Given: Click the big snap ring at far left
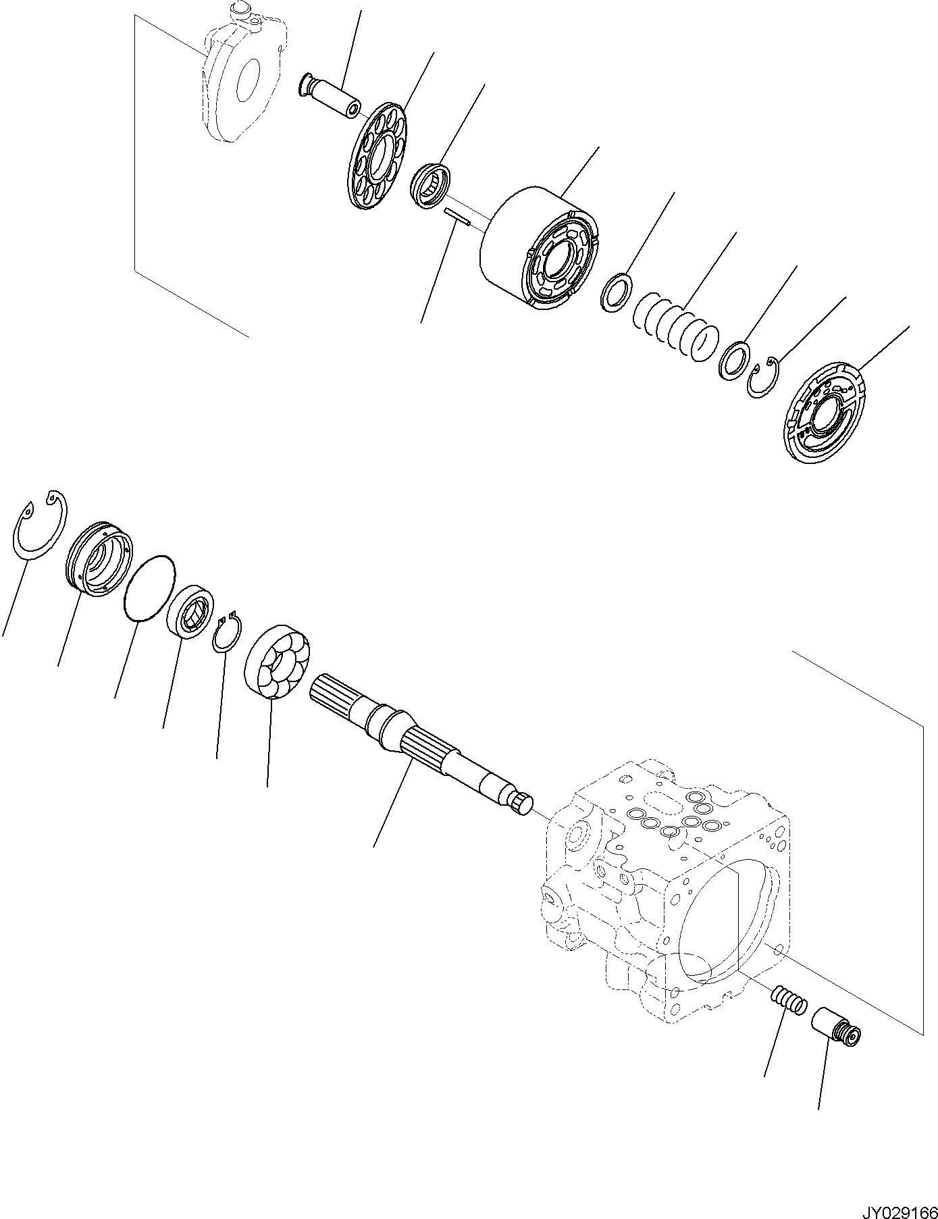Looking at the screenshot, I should (41, 524).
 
